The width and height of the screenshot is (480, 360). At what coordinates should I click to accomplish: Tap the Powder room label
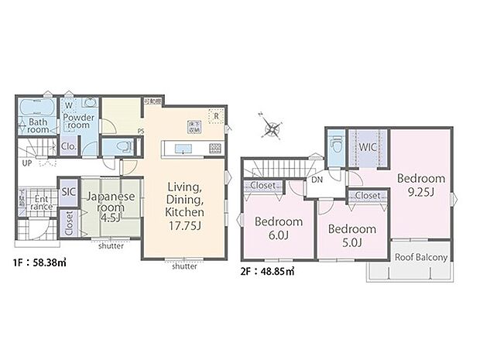coord(79,122)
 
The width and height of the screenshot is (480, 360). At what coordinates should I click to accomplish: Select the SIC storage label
coord(67,192)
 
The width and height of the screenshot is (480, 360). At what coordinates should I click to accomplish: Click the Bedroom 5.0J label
coord(351,235)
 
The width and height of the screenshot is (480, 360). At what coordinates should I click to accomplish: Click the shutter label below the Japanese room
coord(114,246)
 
